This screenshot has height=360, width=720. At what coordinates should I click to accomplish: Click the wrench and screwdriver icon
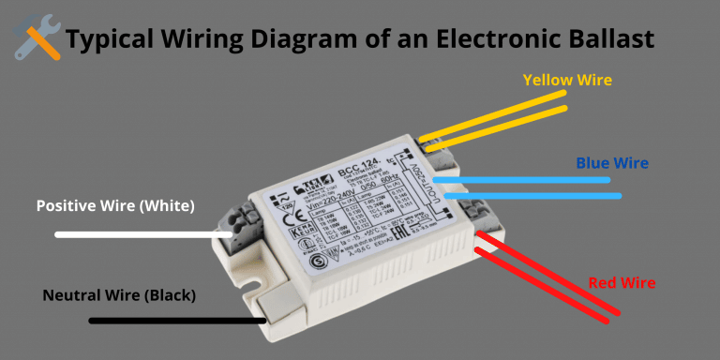pos(37,38)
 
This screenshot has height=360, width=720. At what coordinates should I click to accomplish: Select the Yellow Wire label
pos(567,80)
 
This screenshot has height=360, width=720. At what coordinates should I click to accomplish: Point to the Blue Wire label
pos(612,163)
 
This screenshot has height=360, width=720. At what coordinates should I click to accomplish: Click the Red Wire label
pos(622,282)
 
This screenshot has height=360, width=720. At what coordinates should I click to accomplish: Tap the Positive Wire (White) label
pos(115,205)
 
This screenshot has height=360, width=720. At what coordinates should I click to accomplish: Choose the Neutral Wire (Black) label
pos(119,295)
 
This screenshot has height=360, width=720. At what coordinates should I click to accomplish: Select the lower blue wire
pos(534,196)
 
